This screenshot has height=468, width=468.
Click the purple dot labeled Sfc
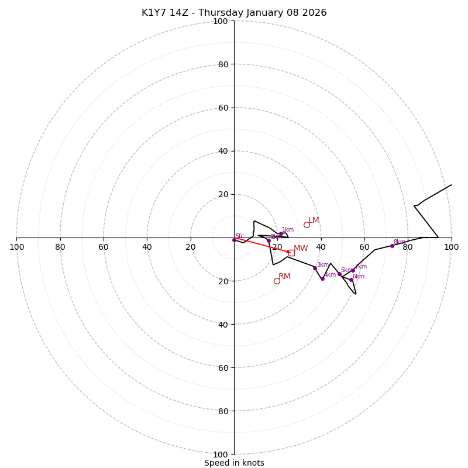234,240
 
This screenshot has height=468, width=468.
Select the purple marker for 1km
281,233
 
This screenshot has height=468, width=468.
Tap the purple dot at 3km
315,268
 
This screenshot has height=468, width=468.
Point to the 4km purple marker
322,278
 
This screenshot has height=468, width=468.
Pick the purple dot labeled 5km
339,274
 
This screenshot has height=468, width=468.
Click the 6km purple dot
351,280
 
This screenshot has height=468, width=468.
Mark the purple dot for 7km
353,270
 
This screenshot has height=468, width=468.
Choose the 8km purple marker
392,246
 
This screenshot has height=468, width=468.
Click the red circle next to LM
307,225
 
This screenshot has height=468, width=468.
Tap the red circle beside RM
277,281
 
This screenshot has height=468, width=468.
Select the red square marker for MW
291,253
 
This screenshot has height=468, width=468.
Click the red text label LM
314,221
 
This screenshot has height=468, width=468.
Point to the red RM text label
284,277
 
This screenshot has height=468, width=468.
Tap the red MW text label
301,249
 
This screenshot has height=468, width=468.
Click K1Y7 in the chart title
153,13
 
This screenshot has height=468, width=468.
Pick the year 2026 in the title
315,13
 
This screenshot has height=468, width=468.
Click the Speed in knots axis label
234,463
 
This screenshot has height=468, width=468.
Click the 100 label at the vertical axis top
221,21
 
